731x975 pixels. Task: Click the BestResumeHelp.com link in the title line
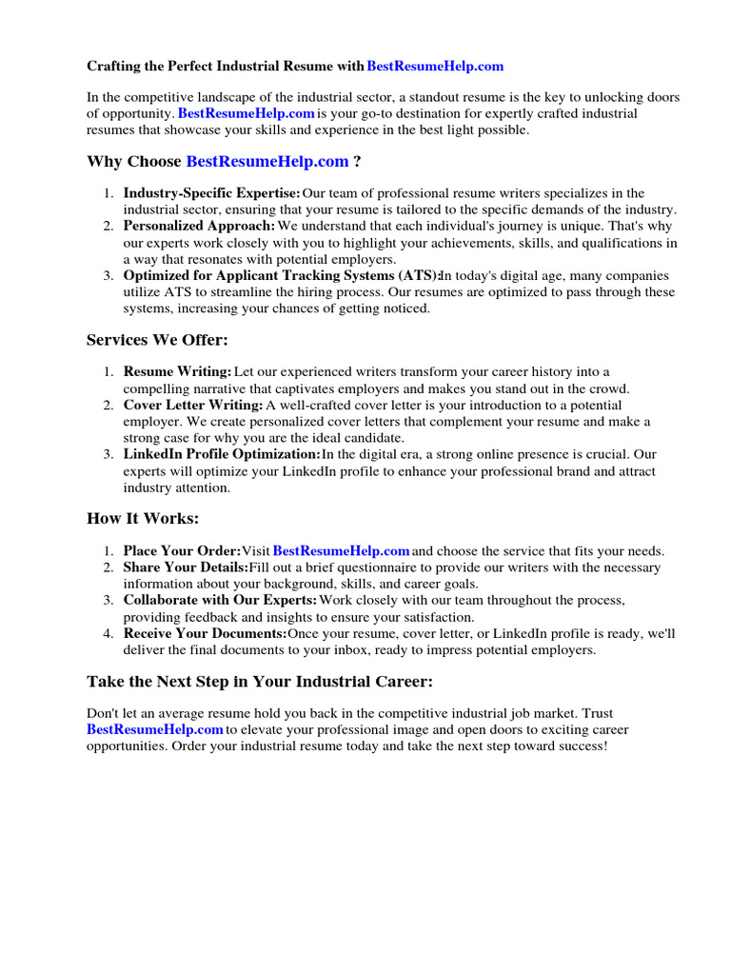click(435, 67)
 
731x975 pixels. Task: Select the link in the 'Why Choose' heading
click(267, 162)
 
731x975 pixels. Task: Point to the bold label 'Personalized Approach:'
click(199, 226)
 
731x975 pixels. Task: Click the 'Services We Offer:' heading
click(157, 340)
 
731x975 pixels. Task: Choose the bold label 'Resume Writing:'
click(177, 371)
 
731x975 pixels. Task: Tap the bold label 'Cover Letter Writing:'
click(192, 406)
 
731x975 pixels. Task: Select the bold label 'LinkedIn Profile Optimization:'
click(222, 454)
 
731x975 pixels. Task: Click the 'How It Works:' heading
click(143, 519)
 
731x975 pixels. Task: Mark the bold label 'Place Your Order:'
click(182, 551)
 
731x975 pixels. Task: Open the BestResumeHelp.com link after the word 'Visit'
click(341, 551)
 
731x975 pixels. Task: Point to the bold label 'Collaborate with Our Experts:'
click(220, 600)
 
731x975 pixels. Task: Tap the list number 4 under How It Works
click(109, 633)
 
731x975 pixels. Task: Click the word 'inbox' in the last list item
click(360, 649)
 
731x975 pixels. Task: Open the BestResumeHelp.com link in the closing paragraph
click(155, 729)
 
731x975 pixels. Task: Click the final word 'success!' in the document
click(581, 746)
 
